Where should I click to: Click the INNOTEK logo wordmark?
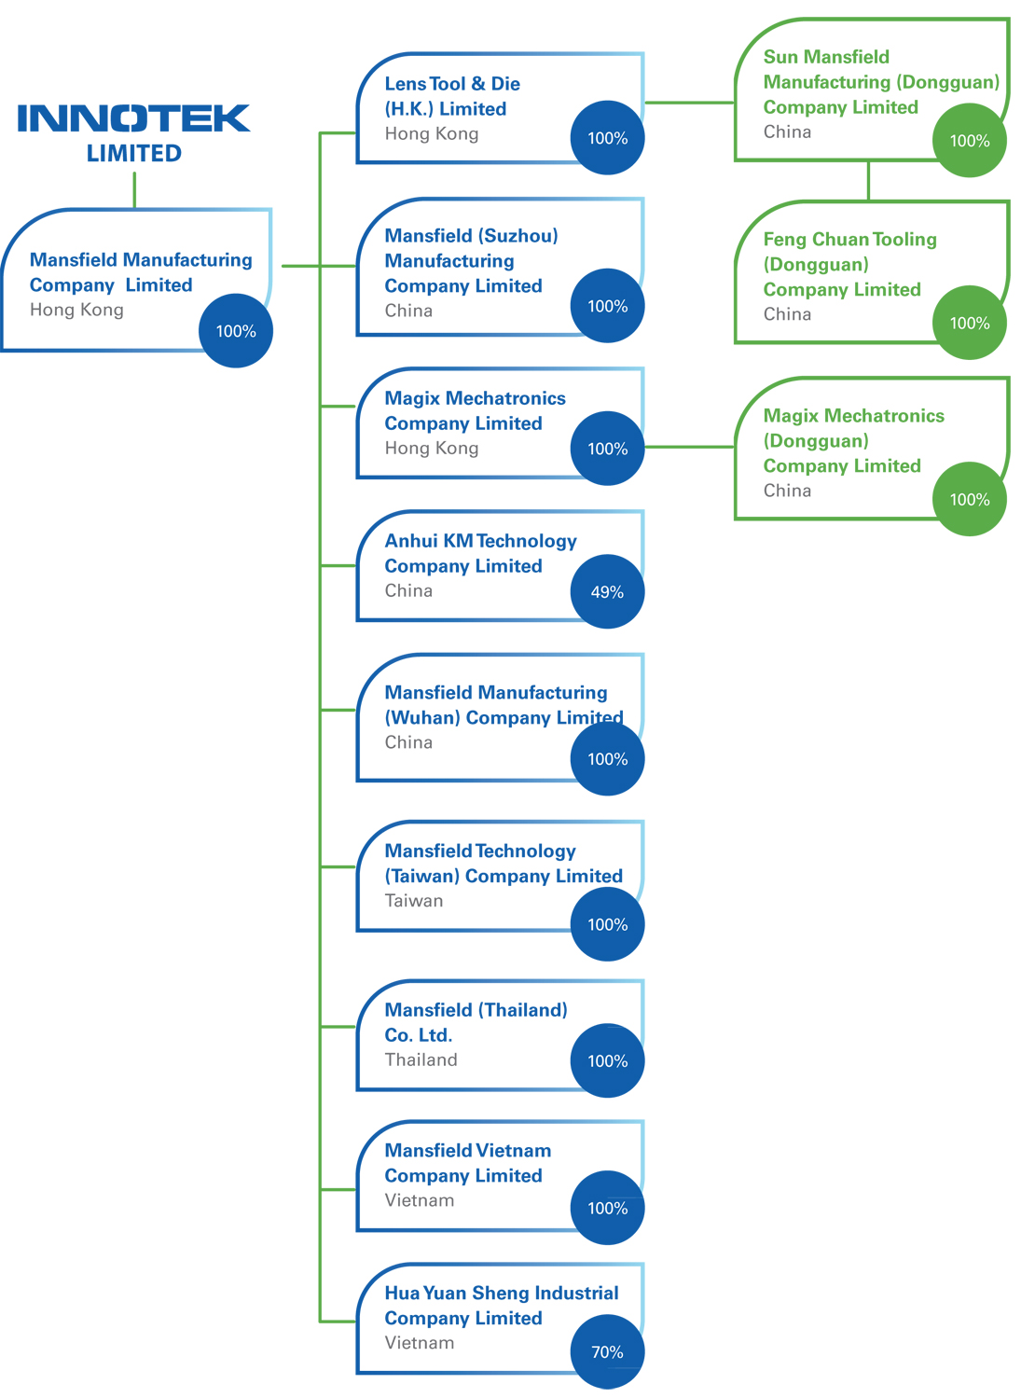(x=133, y=118)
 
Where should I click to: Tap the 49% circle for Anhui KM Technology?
(x=607, y=591)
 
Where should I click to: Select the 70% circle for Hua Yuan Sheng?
(x=607, y=1351)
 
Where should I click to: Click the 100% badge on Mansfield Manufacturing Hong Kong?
(x=236, y=331)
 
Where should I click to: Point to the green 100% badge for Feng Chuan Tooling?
(x=970, y=323)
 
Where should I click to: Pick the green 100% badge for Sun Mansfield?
(x=970, y=141)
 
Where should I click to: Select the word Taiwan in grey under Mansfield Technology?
(x=414, y=901)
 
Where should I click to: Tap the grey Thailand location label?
(x=421, y=1059)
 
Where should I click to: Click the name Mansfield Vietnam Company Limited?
(x=467, y=1163)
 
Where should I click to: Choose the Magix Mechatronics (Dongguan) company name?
(x=853, y=440)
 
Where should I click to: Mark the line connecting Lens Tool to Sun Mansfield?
(x=689, y=103)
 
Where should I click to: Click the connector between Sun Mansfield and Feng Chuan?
(x=868, y=181)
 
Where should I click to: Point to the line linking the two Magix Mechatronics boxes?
(x=689, y=448)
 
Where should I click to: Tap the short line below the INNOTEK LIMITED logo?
(x=134, y=189)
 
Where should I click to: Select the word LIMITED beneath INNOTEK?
(x=134, y=154)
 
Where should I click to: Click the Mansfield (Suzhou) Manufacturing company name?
(x=471, y=261)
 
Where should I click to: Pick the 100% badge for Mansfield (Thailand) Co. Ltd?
(x=607, y=1060)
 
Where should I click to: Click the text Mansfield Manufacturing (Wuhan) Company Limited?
(x=504, y=705)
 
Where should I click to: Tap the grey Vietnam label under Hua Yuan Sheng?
(x=420, y=1343)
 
